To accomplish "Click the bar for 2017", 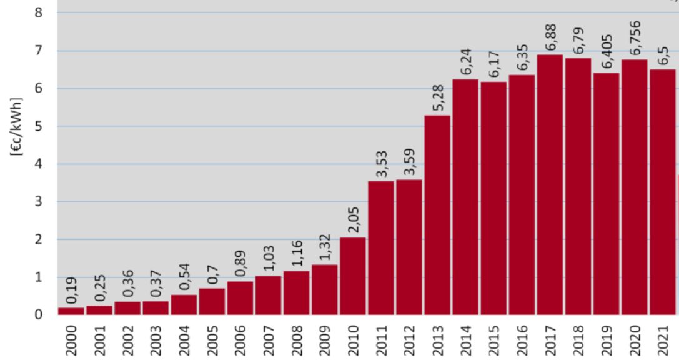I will (x=549, y=184).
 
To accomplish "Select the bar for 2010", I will (x=353, y=276).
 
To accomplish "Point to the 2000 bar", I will (x=71, y=311).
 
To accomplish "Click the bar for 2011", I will (x=381, y=247).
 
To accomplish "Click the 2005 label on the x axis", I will (x=212, y=339).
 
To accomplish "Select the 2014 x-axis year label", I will (x=465, y=339).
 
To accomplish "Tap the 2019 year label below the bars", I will (x=606, y=339).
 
